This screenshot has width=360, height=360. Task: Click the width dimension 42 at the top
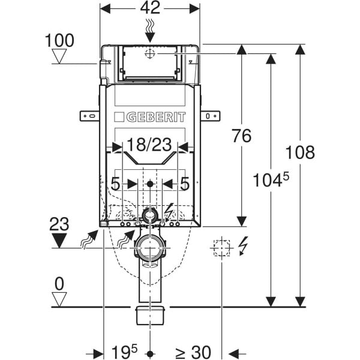(149, 8)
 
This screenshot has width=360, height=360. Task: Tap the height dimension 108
(301, 152)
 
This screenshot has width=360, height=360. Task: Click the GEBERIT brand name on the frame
(150, 117)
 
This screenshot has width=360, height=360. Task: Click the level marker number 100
(59, 41)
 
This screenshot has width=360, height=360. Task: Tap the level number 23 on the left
(59, 224)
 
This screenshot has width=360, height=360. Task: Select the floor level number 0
(59, 282)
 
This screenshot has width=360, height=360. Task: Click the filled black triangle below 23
(59, 241)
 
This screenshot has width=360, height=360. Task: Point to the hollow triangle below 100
(59, 57)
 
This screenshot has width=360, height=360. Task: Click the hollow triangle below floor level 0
(59, 298)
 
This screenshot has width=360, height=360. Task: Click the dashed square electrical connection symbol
(221, 247)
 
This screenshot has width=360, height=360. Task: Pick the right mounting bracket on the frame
(210, 116)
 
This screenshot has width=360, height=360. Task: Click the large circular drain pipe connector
(149, 247)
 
